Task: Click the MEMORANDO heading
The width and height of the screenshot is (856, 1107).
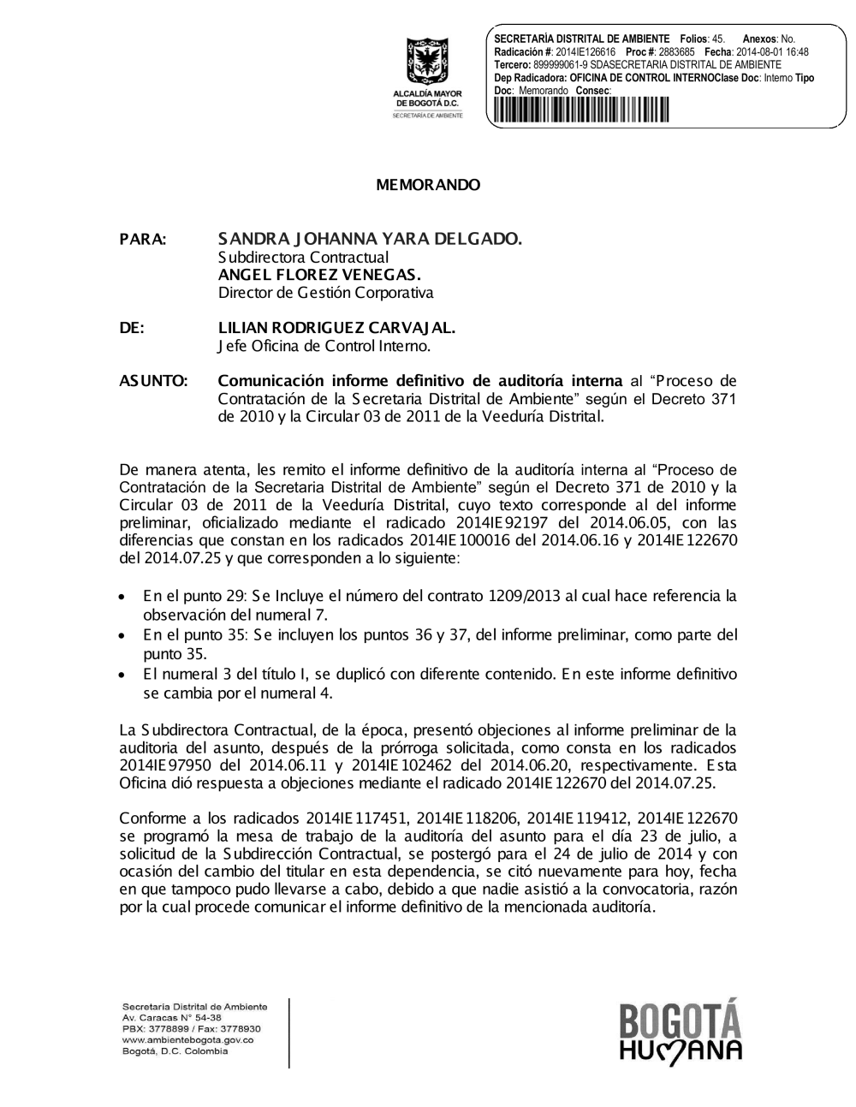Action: click(428, 185)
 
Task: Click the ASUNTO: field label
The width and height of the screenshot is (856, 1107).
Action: click(154, 381)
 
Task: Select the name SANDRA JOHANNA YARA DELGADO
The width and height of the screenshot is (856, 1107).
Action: click(370, 239)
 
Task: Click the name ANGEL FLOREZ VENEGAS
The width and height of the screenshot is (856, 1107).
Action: click(319, 275)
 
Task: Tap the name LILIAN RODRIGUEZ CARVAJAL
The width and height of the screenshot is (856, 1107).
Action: click(336, 328)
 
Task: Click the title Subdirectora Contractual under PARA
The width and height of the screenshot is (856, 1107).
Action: click(303, 257)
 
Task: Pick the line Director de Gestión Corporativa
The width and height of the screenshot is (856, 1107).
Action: click(325, 293)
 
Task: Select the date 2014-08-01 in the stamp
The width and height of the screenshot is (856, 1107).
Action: click(759, 52)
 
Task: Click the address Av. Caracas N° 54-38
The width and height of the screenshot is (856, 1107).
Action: click(172, 1017)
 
